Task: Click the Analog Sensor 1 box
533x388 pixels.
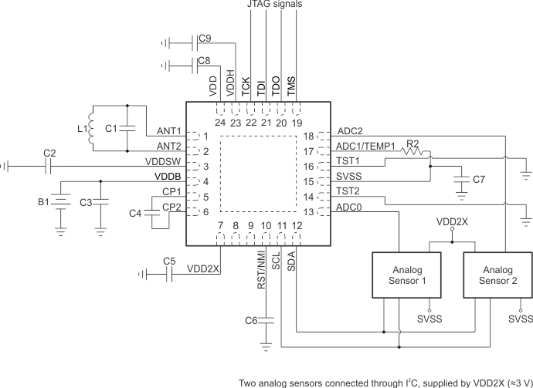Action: click(x=401, y=277)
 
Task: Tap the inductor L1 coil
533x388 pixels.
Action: click(x=90, y=127)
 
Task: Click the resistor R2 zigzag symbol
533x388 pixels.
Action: click(x=416, y=153)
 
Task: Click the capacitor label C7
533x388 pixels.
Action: click(x=479, y=180)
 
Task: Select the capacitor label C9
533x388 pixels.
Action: click(x=204, y=38)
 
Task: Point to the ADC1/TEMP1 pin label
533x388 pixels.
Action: click(x=365, y=147)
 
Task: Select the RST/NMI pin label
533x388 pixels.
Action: click(x=262, y=268)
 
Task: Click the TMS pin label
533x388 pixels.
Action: click(x=292, y=83)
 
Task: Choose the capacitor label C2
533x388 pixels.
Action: click(x=49, y=154)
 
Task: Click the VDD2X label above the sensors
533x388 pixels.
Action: click(x=452, y=221)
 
